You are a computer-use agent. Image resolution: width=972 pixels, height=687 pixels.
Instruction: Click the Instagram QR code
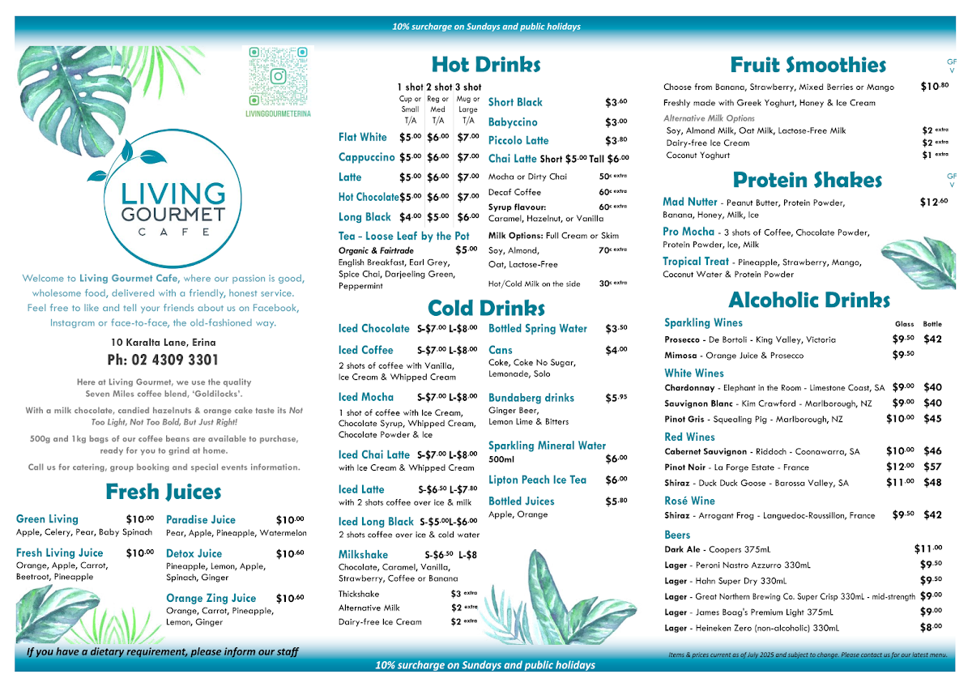point(278,75)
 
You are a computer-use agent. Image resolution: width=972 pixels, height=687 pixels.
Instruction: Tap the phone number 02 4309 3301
point(163,360)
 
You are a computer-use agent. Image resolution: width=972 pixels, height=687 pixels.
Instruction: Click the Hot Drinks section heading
point(485,65)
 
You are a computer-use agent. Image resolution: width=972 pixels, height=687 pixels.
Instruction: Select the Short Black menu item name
point(515,102)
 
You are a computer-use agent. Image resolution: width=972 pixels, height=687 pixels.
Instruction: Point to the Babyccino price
point(616,122)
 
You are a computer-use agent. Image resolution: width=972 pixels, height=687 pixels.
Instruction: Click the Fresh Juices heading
point(163,492)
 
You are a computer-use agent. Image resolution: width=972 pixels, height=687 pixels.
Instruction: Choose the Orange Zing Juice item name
point(211,598)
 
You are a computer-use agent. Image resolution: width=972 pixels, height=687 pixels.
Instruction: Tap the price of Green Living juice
point(139,519)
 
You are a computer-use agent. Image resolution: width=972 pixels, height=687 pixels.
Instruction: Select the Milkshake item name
point(363,555)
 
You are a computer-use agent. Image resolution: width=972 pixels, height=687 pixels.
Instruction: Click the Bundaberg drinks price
point(616,399)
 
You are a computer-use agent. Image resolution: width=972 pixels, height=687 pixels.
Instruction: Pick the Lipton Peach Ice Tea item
point(537,480)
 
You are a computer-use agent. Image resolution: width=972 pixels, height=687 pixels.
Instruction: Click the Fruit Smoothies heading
point(808,65)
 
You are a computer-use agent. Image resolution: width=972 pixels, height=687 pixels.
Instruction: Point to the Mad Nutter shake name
point(690,203)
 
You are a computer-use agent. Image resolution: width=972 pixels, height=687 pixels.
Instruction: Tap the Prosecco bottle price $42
point(932,339)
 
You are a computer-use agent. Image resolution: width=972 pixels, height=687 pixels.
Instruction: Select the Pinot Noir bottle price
point(932,467)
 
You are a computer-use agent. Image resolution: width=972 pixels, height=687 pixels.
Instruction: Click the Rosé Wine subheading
point(689,501)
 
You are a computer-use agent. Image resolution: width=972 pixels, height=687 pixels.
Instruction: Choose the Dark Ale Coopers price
point(927,548)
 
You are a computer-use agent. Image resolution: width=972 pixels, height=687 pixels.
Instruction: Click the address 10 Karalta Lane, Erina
point(163,343)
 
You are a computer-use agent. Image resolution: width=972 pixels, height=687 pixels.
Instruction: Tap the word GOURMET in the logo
point(173,214)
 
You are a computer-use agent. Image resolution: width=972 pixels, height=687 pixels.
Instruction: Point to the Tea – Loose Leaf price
point(466,250)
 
